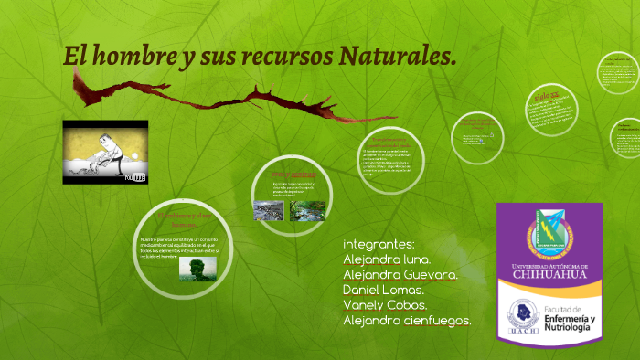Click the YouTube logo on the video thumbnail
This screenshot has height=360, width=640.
(136, 178)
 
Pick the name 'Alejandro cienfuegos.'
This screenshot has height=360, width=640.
(407, 320)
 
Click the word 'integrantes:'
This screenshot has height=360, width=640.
(379, 244)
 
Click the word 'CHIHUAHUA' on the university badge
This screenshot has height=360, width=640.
(549, 272)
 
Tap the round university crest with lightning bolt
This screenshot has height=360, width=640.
(550, 233)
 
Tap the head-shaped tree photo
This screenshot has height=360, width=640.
(197, 267)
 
